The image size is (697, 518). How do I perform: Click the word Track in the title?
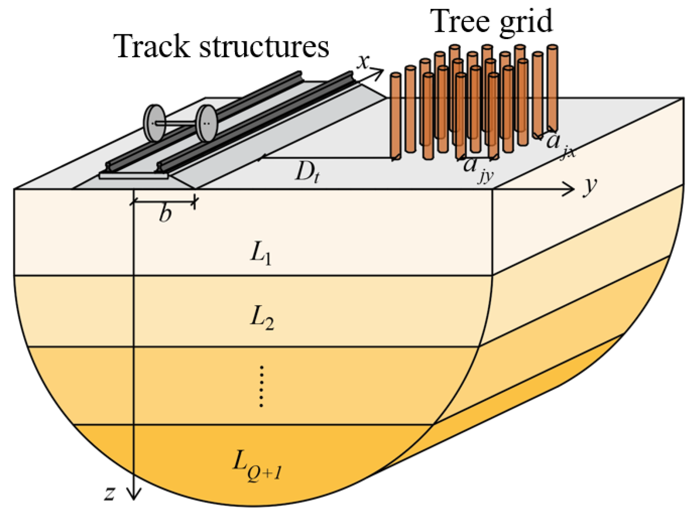pyautogui.click(x=153, y=47)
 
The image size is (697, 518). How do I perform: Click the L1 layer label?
pyautogui.click(x=260, y=255)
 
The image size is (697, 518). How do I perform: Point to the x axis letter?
pyautogui.click(x=363, y=62)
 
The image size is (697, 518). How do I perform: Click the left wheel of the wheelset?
pyautogui.click(x=154, y=123)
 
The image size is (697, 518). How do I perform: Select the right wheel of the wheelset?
pyautogui.click(x=206, y=123)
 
